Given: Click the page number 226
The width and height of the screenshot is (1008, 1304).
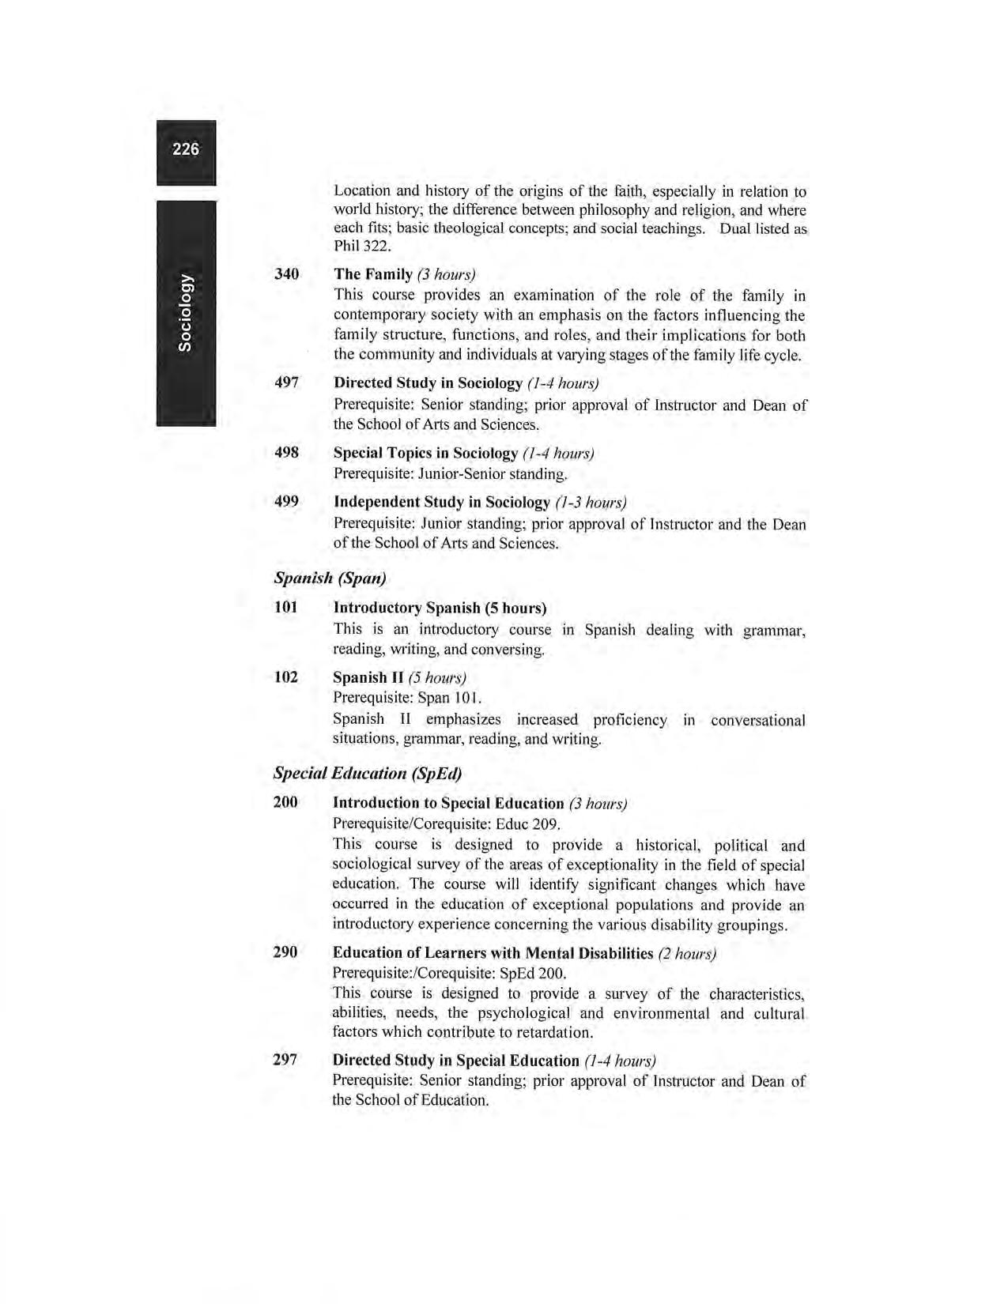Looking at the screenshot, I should point(186,149).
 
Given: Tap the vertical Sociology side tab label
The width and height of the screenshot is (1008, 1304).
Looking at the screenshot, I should point(185,312).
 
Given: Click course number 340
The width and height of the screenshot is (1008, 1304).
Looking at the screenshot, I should point(286,274).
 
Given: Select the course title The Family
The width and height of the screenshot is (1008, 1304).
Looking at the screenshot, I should point(373,274).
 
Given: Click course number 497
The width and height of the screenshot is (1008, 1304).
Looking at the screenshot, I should point(286,383).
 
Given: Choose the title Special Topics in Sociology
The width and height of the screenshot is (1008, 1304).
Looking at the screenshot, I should point(425,453).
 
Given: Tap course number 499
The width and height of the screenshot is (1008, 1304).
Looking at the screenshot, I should point(286,502).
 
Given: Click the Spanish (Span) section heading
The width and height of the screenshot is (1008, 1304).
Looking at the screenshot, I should point(330,578).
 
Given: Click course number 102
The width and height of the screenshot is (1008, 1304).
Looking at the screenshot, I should point(285,677).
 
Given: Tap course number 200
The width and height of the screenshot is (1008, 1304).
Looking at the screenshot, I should point(285,803).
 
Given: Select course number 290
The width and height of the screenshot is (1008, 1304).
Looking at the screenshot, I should point(285,952).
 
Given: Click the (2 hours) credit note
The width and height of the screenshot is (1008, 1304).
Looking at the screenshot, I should point(687,954).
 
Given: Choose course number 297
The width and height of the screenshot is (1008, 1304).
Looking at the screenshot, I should point(285,1060).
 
